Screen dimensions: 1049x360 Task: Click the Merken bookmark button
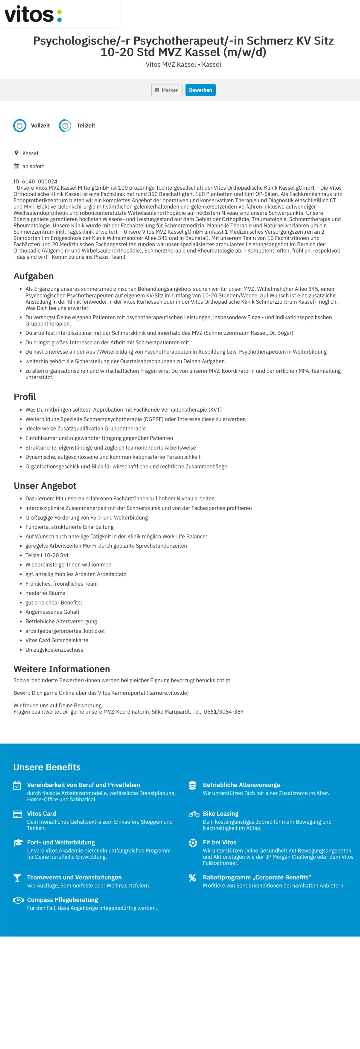point(167,90)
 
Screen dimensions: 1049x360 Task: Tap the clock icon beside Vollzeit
point(20,125)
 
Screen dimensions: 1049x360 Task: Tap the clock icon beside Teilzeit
point(65,125)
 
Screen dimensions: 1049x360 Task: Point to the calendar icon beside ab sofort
point(16,166)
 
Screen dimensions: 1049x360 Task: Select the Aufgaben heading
point(34,276)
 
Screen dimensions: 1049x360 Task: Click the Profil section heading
point(25,397)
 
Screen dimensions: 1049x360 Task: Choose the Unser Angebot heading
point(45,485)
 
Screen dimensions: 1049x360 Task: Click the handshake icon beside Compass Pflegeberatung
point(18,900)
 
